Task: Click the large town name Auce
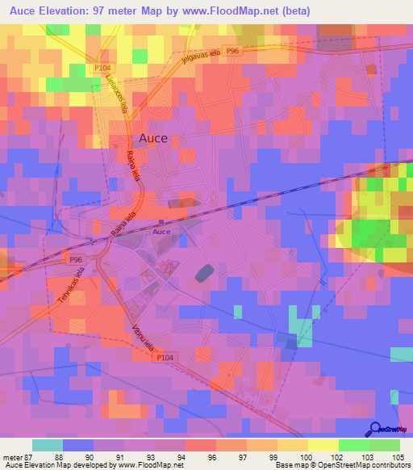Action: point(152,138)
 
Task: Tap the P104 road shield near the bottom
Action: point(165,356)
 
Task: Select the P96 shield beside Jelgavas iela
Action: point(233,51)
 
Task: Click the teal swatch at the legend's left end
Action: point(48,445)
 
